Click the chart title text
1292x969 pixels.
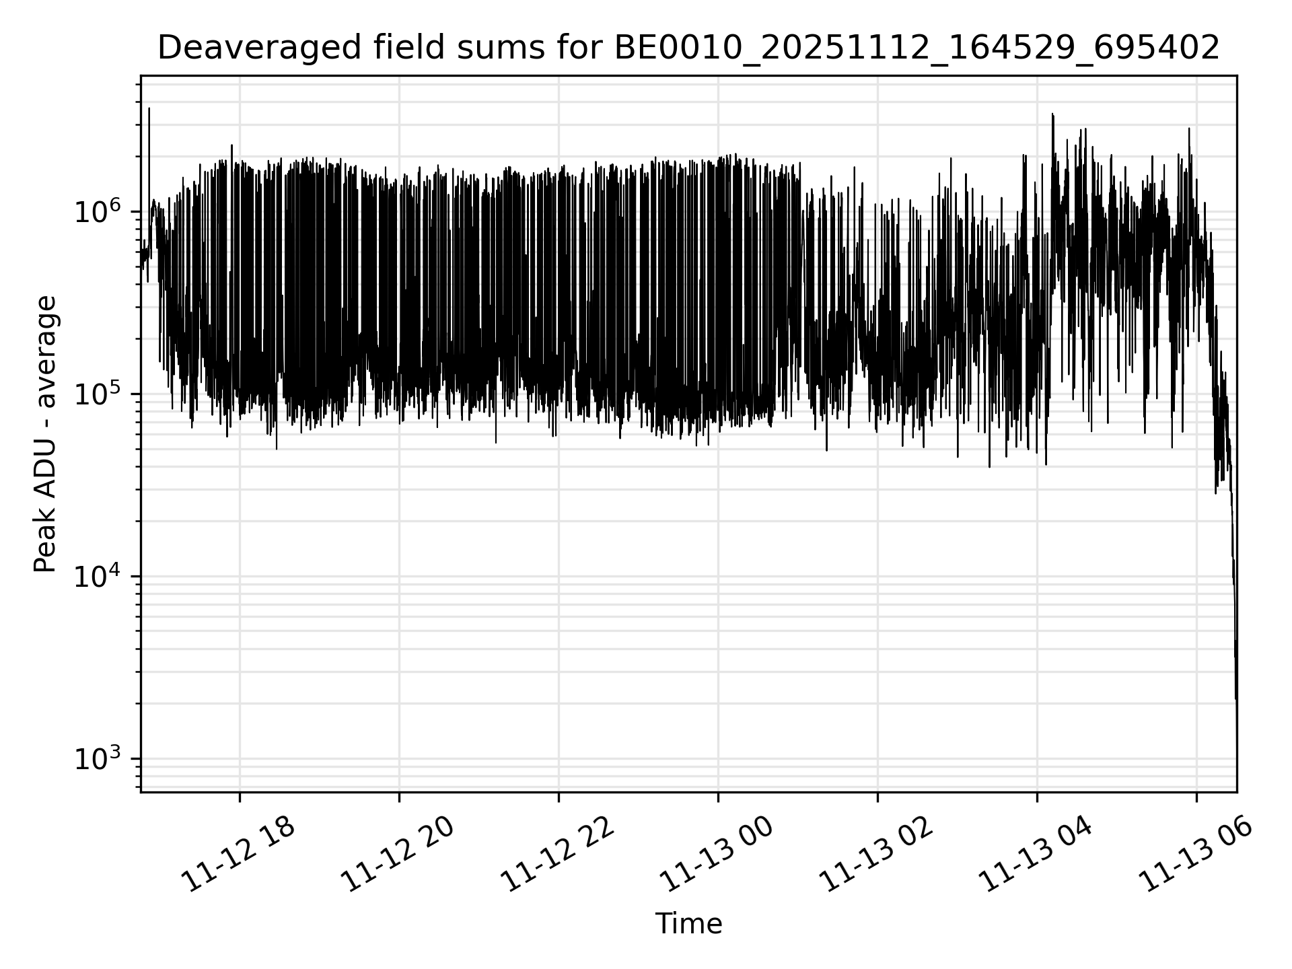click(688, 48)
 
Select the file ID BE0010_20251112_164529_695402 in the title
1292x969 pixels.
click(916, 48)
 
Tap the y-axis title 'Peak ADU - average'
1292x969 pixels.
click(46, 434)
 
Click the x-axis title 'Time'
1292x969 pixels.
click(688, 924)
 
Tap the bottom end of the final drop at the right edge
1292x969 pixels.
click(1236, 700)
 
